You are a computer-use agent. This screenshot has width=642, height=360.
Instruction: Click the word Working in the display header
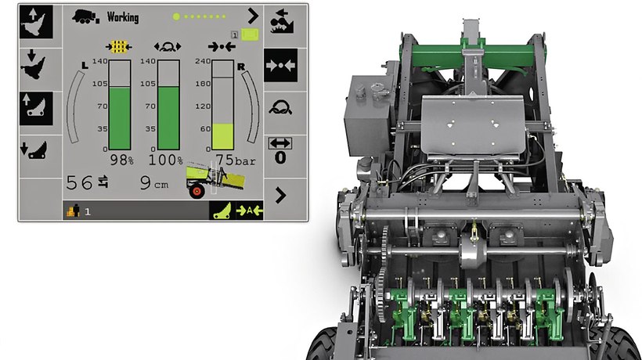(x=123, y=17)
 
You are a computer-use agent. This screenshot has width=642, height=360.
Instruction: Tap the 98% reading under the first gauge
(x=121, y=160)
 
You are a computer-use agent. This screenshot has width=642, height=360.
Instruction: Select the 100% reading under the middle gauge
(x=165, y=160)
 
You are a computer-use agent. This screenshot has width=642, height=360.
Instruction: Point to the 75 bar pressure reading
(x=236, y=160)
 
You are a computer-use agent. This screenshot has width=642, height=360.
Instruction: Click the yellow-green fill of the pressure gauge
(x=222, y=137)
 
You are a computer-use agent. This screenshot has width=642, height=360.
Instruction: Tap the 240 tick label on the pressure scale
(x=203, y=61)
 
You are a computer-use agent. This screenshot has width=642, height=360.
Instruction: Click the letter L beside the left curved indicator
(x=85, y=65)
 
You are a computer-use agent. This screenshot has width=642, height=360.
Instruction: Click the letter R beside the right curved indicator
(x=241, y=67)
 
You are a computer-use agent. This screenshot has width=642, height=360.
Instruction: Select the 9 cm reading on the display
(x=154, y=183)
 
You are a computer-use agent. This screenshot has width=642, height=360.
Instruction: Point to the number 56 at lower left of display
(x=79, y=183)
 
